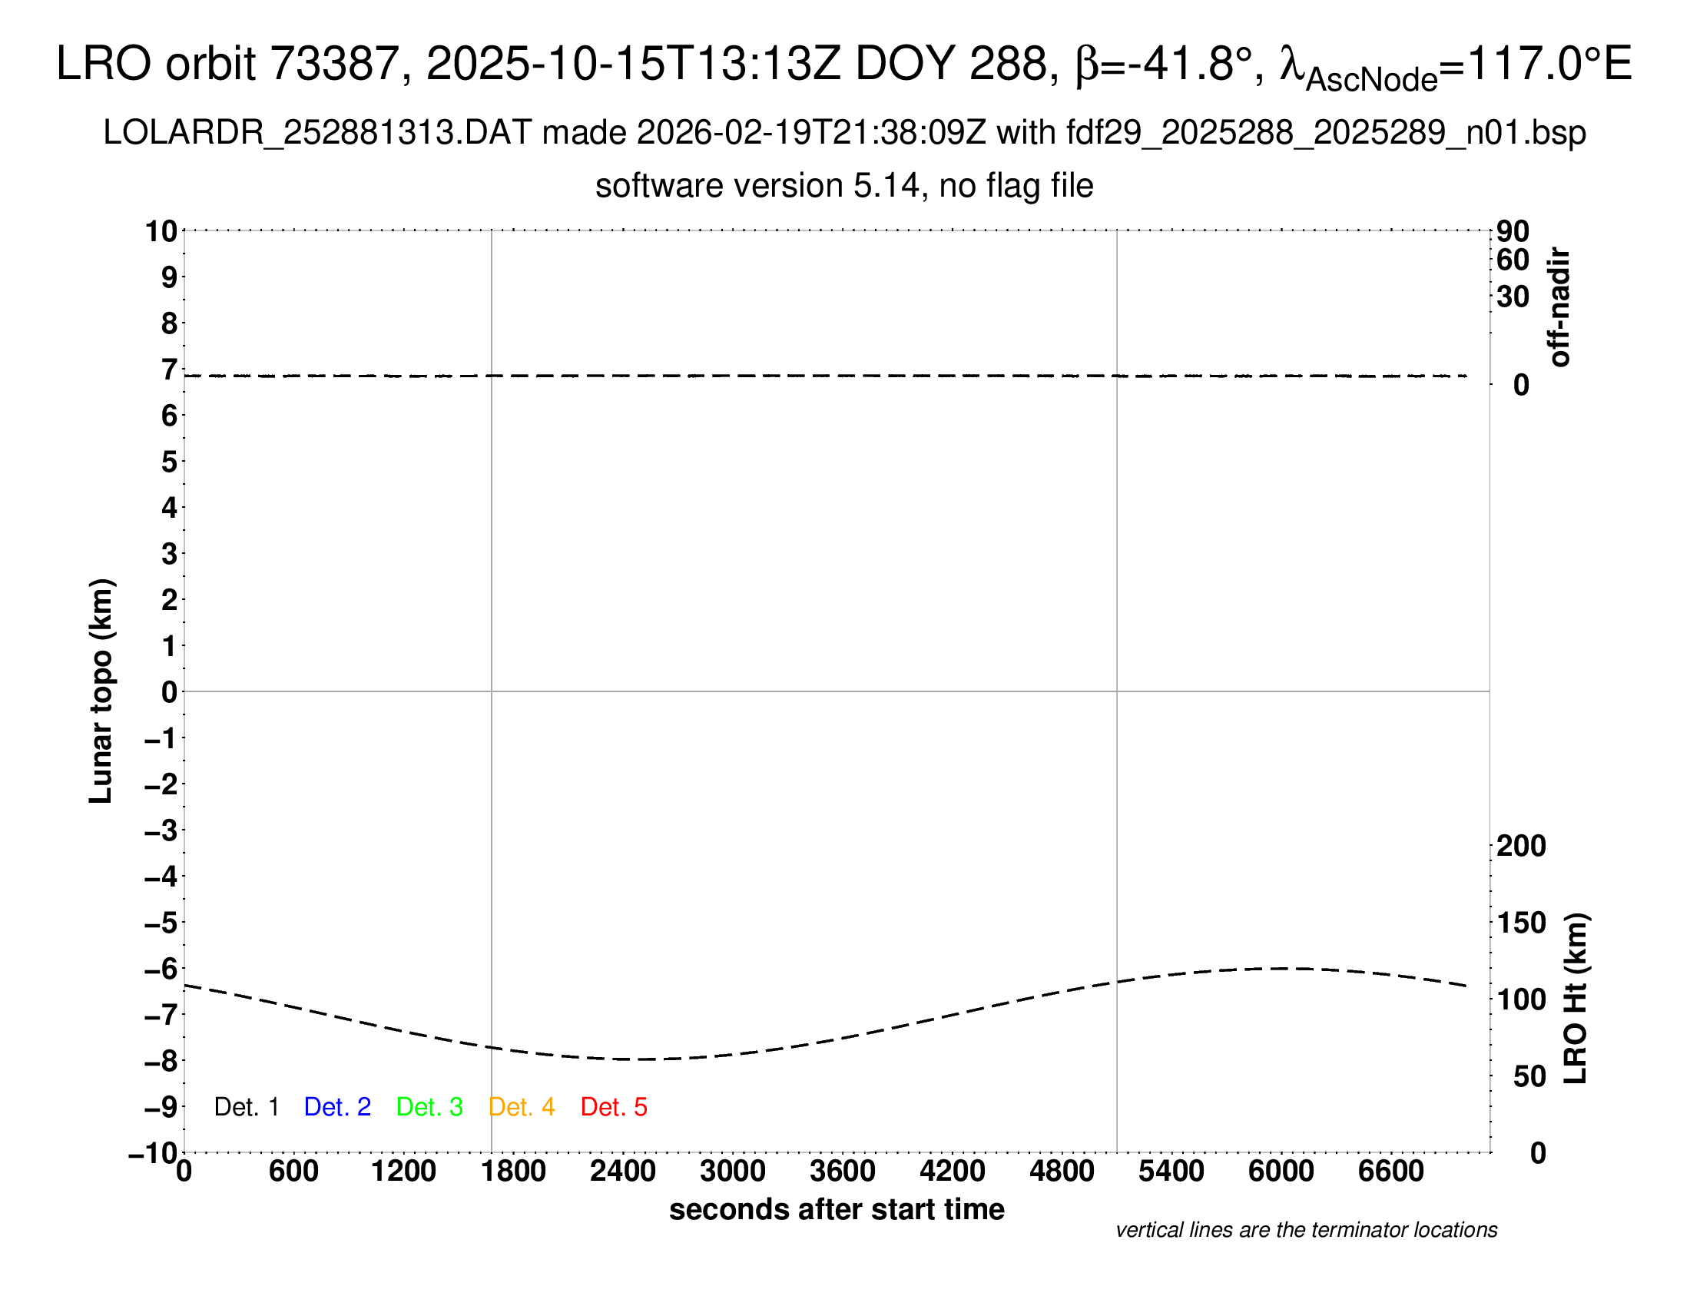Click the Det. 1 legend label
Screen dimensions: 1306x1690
click(x=246, y=1107)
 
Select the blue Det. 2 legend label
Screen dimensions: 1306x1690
click(x=337, y=1107)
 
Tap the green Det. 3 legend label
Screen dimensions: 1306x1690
click(x=429, y=1107)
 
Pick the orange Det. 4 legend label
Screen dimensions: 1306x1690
click(x=522, y=1107)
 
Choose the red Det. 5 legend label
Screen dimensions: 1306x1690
click(x=614, y=1107)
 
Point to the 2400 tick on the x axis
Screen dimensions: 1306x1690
click(x=623, y=1172)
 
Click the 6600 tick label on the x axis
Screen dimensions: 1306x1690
click(x=1390, y=1172)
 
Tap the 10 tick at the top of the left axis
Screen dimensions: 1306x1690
click(x=162, y=231)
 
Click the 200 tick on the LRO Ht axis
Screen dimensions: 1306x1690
click(x=1520, y=846)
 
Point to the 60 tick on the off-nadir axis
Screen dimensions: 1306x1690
click(x=1513, y=260)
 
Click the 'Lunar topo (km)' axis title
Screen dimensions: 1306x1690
click(x=101, y=691)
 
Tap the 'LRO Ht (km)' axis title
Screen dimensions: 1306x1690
click(x=1576, y=999)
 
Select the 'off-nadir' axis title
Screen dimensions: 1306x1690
click(x=1560, y=307)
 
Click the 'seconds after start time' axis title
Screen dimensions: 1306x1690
click(x=837, y=1209)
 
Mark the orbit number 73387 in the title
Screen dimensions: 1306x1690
click(x=334, y=64)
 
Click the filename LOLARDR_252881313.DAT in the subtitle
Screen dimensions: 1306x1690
click(x=317, y=133)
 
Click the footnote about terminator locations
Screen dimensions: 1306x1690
click(x=1306, y=1230)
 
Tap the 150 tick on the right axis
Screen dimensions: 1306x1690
click(x=1520, y=923)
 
